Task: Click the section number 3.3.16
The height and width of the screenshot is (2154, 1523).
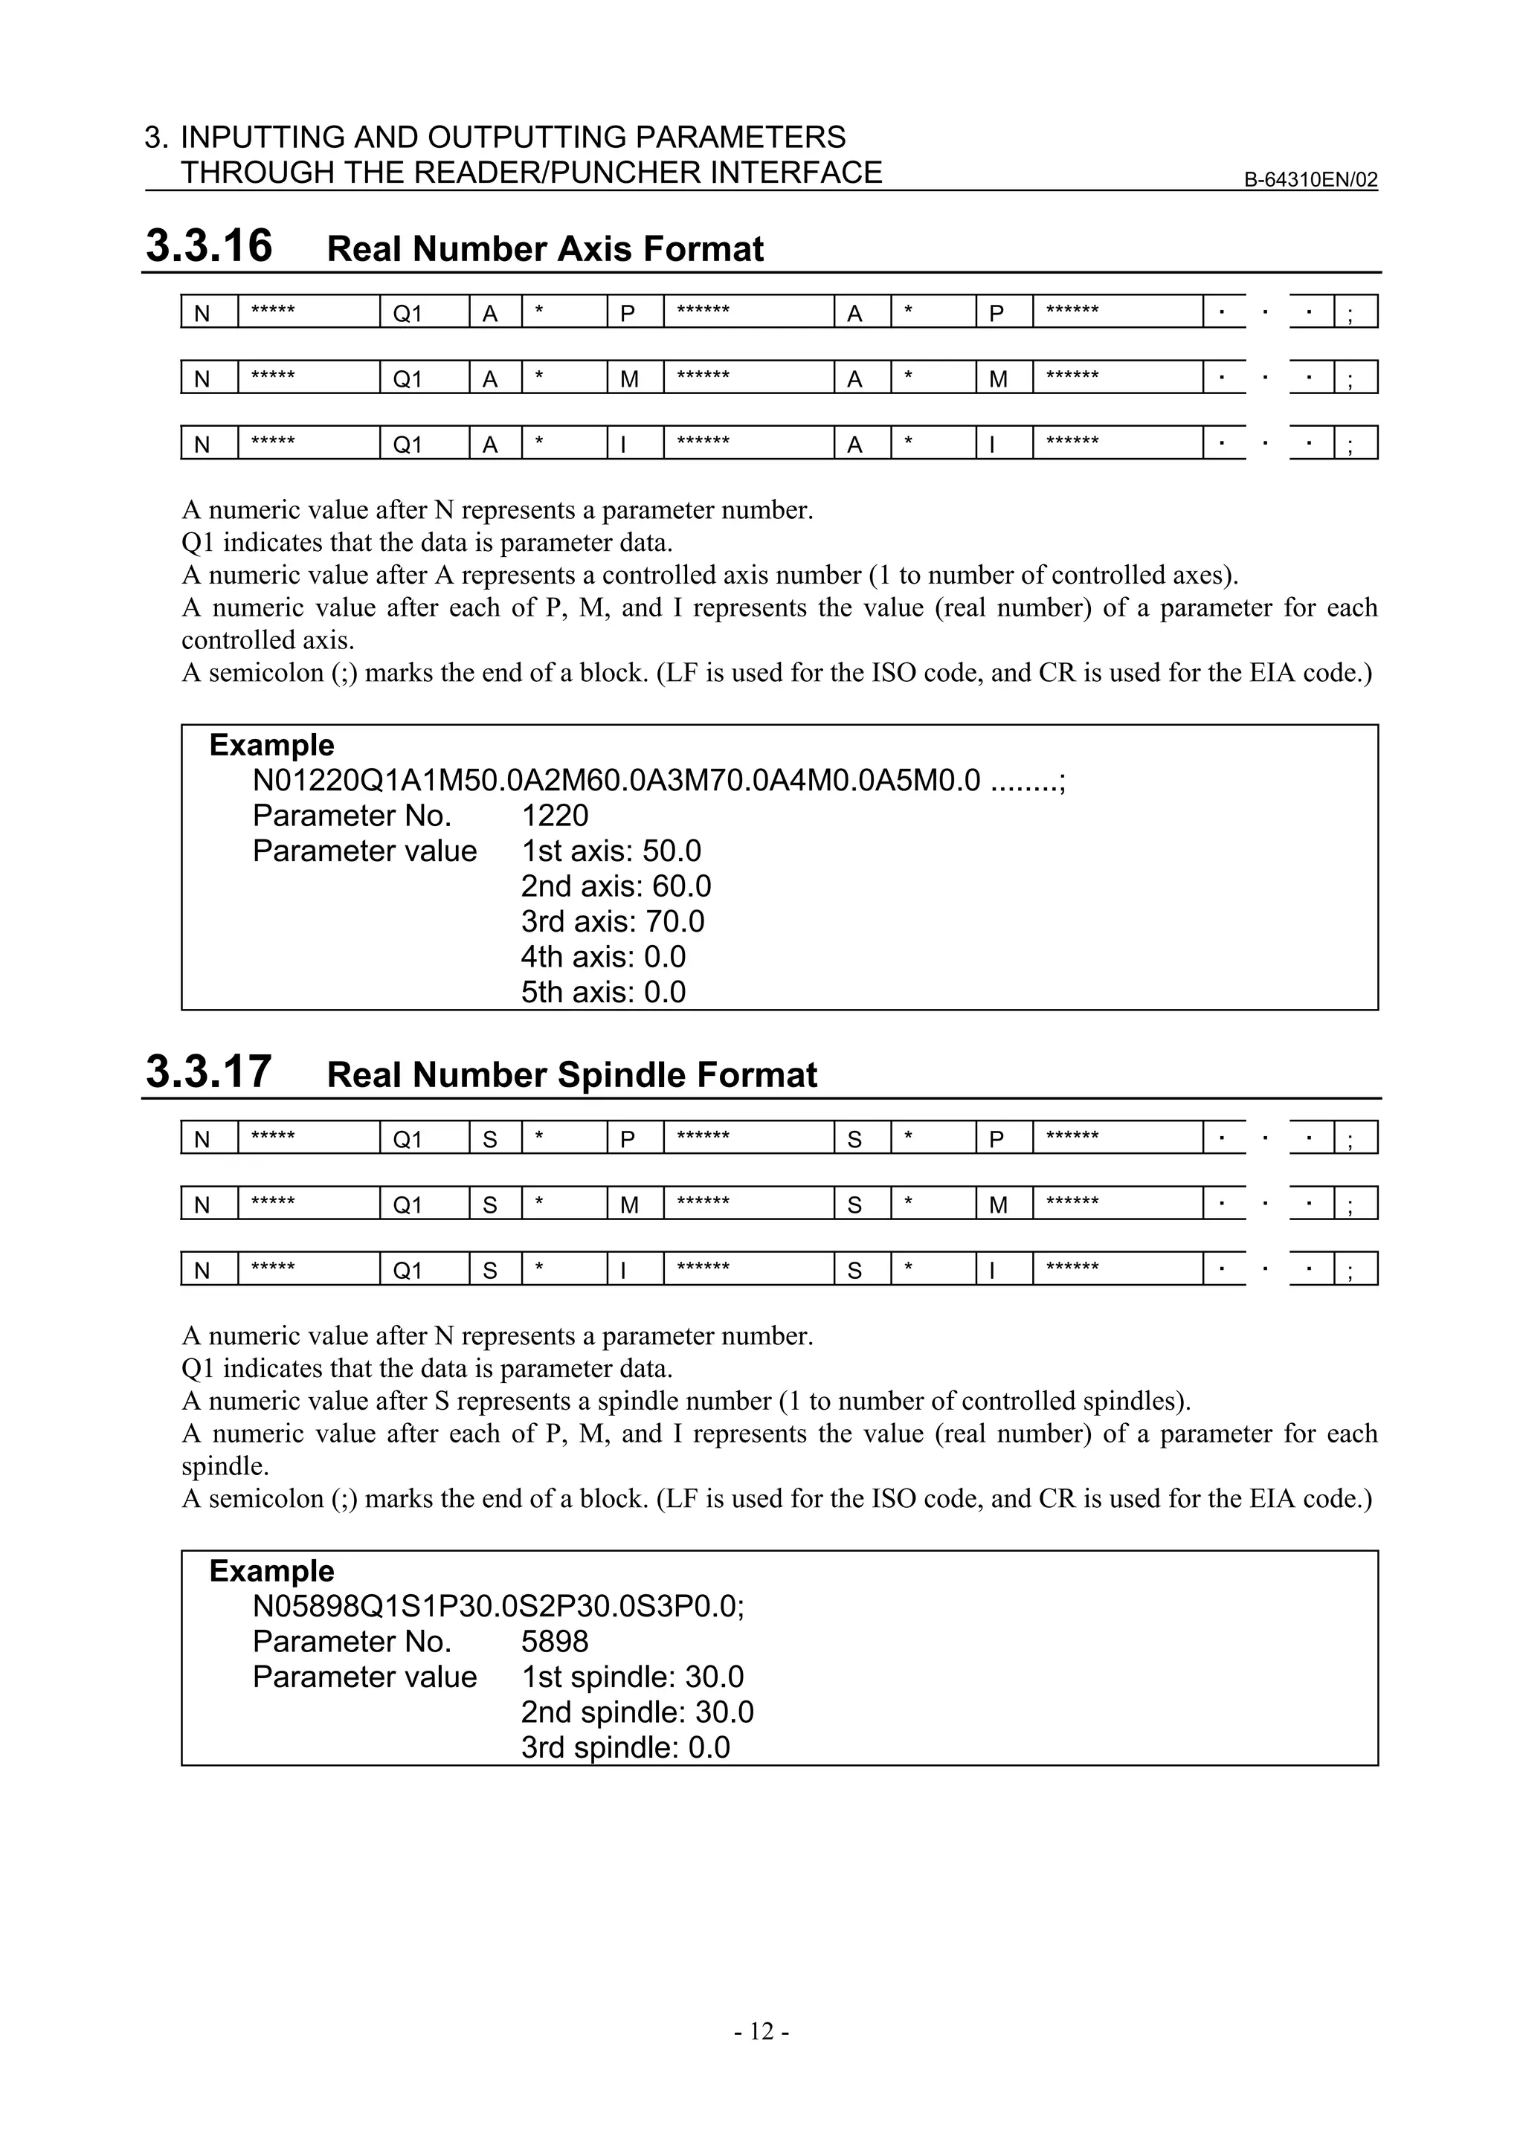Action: tap(208, 246)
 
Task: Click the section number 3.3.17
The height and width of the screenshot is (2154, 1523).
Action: tap(208, 1071)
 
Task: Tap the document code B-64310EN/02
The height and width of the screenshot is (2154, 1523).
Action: tap(1310, 180)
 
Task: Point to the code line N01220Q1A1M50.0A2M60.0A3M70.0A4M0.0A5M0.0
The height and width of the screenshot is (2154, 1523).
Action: tap(616, 780)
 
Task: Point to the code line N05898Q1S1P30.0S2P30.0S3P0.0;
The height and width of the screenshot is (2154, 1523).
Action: tap(498, 1605)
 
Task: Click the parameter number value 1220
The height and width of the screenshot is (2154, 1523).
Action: tap(555, 815)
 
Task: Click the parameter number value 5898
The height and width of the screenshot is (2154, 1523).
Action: tap(555, 1641)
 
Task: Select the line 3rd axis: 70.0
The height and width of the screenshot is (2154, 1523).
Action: tap(612, 921)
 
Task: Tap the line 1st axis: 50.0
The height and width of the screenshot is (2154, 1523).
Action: tap(611, 851)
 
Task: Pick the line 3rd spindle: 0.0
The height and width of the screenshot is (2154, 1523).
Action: tap(625, 1747)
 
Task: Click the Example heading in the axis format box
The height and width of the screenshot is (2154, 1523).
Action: tap(271, 745)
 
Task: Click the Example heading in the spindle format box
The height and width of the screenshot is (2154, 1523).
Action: tap(271, 1570)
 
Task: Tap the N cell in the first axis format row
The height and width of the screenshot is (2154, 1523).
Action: tap(202, 312)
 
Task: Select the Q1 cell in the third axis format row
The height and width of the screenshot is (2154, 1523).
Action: tap(408, 444)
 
